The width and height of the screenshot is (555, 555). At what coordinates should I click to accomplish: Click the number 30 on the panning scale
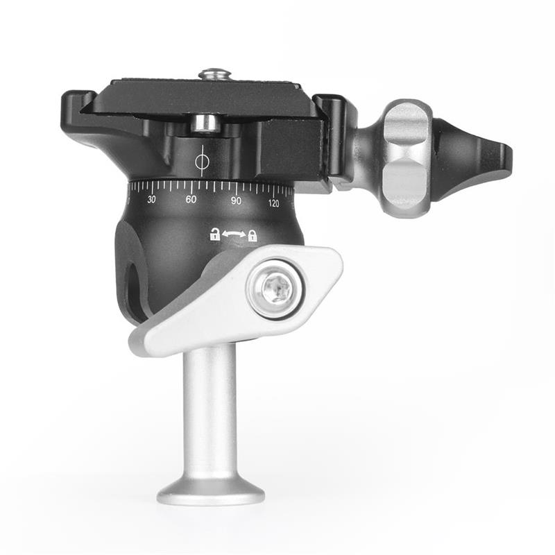click(151, 199)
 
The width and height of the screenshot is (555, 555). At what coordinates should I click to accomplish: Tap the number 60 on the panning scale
click(191, 200)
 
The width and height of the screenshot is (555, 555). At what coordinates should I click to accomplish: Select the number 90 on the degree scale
click(236, 200)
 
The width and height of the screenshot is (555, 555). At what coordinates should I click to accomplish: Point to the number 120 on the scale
click(273, 203)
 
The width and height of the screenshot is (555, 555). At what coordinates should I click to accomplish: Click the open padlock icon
click(215, 234)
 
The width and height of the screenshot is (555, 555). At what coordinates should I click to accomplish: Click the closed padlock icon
click(253, 235)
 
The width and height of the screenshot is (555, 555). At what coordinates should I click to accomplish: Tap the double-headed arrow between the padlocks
click(234, 234)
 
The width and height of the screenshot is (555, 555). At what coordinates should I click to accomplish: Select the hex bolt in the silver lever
click(277, 290)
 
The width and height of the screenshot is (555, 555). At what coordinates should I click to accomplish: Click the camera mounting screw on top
click(214, 74)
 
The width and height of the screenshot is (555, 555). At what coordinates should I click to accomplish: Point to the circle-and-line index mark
click(202, 161)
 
